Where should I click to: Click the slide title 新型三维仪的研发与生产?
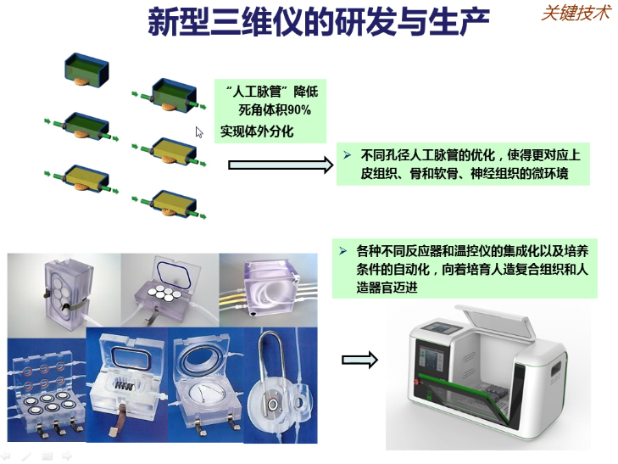pos(319,22)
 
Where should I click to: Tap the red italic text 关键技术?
pos(576,13)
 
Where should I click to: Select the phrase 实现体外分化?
pos(257,131)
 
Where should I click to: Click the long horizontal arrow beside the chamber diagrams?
pos(281,165)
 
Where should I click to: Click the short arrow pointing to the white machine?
pos(359,360)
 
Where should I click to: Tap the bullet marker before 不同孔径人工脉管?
pos(348,155)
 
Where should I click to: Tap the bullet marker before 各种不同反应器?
pos(342,251)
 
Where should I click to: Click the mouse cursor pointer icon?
pos(199,132)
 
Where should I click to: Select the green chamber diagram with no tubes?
pos(86,70)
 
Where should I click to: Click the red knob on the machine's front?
pos(416,382)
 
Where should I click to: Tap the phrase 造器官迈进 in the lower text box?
pos(387,288)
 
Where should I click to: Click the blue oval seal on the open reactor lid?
pos(174,273)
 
